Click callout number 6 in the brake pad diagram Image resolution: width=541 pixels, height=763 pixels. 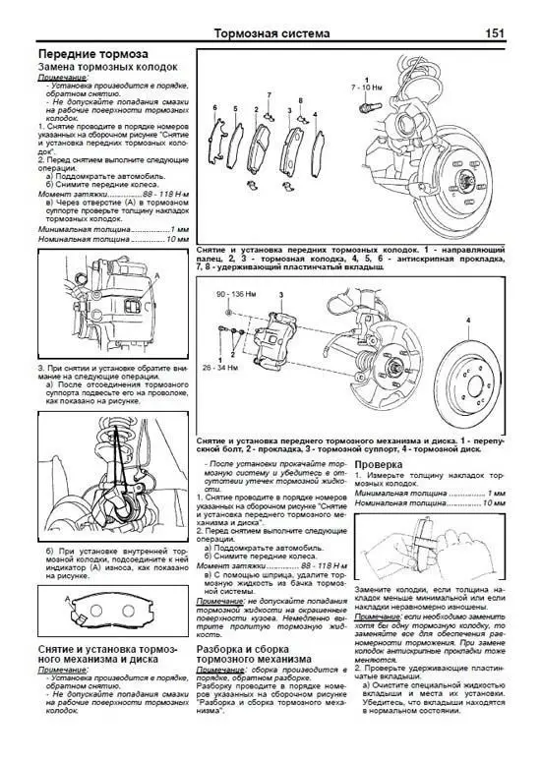(x=213, y=106)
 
